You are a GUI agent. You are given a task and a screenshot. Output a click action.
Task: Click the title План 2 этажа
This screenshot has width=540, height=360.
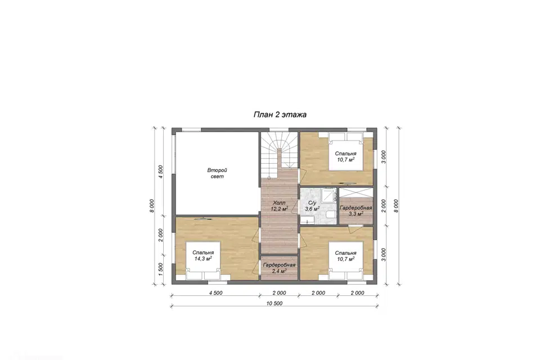(280, 114)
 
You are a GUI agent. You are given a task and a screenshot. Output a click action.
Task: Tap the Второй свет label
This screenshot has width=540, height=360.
(217, 173)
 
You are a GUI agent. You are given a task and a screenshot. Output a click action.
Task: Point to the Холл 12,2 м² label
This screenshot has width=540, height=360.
(280, 206)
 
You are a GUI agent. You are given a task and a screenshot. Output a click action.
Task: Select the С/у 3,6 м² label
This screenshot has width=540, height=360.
(312, 206)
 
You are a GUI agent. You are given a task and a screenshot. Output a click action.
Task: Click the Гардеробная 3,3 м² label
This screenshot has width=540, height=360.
(355, 211)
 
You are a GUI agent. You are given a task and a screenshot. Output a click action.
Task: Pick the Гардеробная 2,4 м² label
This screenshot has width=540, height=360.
(279, 268)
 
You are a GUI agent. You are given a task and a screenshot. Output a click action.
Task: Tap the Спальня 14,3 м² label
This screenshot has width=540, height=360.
(203, 255)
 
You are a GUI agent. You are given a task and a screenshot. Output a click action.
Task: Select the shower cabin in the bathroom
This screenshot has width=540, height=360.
(329, 194)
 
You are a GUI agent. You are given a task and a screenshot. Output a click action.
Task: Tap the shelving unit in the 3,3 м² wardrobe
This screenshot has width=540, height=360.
(355, 192)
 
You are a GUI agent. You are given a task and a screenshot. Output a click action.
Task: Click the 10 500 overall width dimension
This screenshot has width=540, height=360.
(274, 303)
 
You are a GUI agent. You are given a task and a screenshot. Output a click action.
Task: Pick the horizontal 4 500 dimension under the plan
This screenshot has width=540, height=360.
(215, 293)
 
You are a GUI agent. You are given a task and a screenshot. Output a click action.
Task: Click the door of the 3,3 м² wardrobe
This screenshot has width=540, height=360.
(355, 228)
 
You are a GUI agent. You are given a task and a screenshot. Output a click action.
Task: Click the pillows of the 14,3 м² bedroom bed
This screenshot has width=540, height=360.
(203, 275)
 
